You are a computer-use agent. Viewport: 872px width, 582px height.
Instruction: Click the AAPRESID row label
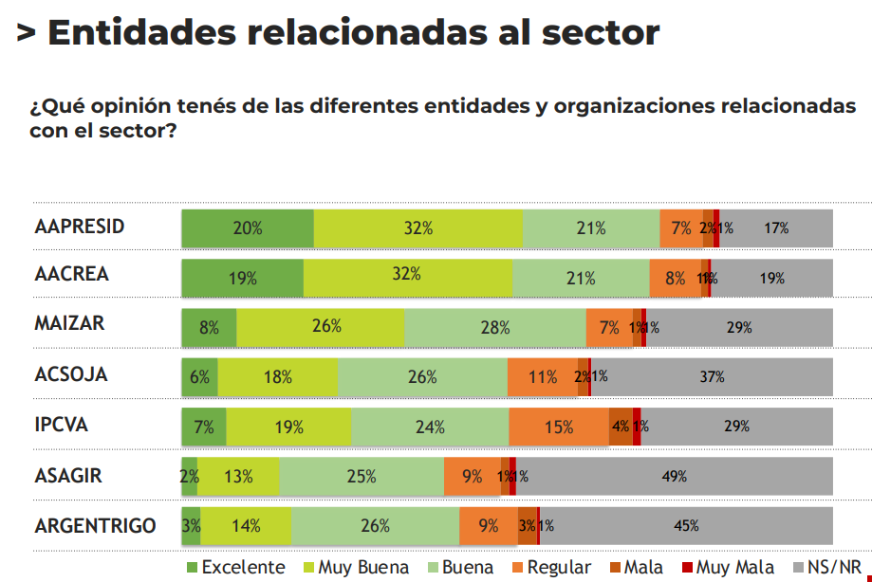coord(80,227)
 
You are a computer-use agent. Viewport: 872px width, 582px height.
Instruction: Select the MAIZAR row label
coord(69,323)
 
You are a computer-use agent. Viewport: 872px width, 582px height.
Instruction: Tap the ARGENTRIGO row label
coord(95,525)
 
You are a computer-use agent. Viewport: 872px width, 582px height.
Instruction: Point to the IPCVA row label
coord(61,425)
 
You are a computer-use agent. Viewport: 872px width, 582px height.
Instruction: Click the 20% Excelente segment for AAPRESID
coord(248,228)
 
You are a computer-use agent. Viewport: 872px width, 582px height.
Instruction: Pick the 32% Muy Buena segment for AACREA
coord(407,277)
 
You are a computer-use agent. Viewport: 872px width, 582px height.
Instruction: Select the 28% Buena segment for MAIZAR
coord(494,327)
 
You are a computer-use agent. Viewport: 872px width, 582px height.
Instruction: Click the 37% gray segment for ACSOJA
coord(712,376)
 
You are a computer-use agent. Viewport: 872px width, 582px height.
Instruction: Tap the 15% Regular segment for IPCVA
coord(559,427)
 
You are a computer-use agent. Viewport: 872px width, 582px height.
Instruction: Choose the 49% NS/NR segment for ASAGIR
coord(675,476)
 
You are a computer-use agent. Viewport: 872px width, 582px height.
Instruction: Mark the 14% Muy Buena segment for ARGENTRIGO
coord(246,525)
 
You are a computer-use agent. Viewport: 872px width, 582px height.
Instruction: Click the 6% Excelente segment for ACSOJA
coord(199,376)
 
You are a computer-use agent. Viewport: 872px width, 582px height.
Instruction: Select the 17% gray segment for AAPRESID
coord(776,228)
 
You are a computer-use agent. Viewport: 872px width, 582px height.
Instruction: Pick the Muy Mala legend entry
coord(726,568)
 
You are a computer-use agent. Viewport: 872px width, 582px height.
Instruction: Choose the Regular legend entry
coord(549,568)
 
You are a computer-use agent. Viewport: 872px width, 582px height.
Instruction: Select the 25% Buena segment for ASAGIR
coord(362,476)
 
